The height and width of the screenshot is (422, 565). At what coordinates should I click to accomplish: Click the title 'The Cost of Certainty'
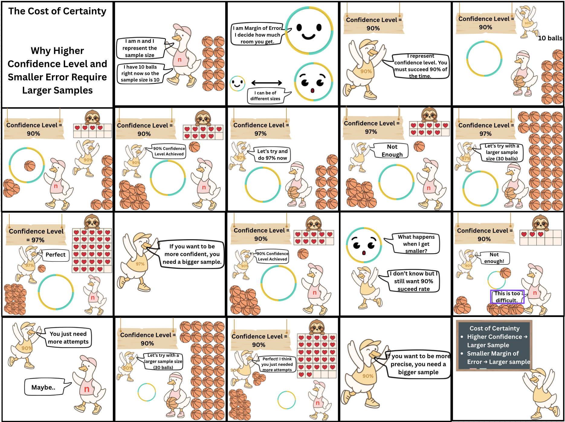click(x=57, y=11)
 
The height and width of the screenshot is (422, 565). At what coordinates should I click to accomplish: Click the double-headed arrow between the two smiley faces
click(x=266, y=83)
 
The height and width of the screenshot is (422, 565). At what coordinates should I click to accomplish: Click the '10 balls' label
click(x=550, y=38)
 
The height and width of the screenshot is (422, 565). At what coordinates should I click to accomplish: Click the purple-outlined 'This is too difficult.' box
click(x=507, y=297)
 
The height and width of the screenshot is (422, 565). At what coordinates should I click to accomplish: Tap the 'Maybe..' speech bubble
click(x=45, y=387)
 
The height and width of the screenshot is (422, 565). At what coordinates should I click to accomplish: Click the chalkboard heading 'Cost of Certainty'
click(x=494, y=328)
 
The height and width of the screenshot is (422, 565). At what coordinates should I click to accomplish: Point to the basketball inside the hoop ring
click(x=30, y=166)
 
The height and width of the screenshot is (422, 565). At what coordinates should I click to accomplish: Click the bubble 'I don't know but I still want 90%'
click(x=411, y=281)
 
